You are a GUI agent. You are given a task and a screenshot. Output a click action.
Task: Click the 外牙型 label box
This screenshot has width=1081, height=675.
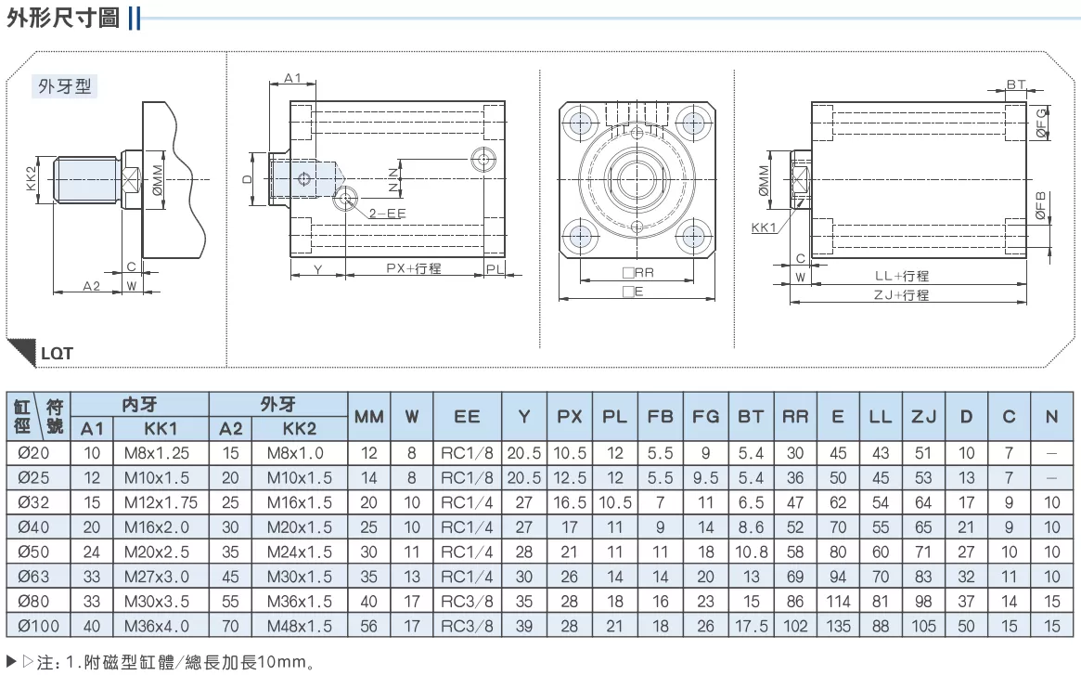65,86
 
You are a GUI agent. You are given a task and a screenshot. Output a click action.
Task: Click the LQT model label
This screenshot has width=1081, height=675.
57,354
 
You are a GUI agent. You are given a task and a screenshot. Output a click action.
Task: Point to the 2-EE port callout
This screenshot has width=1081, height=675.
387,214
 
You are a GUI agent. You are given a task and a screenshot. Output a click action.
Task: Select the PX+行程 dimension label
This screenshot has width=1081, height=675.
414,267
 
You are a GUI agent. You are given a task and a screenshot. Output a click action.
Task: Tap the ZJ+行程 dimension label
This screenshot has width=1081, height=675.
901,294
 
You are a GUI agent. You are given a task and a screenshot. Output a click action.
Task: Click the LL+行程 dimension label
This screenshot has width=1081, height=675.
902,276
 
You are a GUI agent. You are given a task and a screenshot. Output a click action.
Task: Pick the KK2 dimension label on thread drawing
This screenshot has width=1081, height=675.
31,179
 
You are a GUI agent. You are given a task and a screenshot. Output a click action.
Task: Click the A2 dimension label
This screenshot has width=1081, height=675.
92,286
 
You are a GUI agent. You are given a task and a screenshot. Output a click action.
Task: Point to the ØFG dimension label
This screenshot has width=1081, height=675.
1041,123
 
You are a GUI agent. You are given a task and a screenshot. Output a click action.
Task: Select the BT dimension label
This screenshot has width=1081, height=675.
1015,84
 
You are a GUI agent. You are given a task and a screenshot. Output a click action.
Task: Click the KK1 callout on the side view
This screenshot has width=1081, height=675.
763,227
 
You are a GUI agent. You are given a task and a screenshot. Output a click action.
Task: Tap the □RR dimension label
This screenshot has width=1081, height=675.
637,273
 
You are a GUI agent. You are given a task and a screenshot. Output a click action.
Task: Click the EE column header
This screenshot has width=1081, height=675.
467,416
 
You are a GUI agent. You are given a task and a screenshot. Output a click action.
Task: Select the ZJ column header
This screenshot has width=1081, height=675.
924,416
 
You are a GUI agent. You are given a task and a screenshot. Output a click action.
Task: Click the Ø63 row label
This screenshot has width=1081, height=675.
33,577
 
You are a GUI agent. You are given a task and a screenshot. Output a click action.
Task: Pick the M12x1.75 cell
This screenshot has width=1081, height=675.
161,502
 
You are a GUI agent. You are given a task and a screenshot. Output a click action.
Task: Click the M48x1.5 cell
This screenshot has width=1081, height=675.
299,626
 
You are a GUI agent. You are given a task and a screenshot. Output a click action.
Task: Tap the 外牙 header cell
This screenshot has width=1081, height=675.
277,405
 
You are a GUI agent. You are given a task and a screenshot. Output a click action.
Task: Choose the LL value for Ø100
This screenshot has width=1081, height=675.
881,626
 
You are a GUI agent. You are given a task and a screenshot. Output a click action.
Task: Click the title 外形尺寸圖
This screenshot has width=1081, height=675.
63,18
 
